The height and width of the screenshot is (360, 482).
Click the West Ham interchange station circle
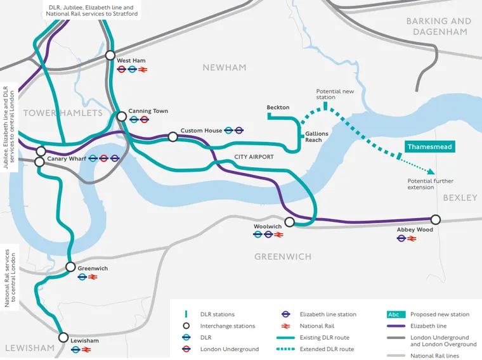coord(110,55)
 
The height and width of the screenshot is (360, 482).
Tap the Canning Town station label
coord(148,111)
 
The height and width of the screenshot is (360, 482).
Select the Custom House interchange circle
coord(173,136)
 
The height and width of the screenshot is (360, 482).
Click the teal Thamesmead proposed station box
coord(430,146)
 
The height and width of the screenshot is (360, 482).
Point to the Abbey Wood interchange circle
coord(435,219)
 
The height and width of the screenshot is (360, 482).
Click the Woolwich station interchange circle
coord(290,222)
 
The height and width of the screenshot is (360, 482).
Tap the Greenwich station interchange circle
coord(70,267)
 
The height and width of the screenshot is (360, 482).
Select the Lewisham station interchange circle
coord(63,338)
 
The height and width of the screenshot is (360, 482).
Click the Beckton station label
coord(278,108)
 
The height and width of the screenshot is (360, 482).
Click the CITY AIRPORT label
coord(254,157)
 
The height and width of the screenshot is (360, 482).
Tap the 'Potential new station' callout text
coord(335,94)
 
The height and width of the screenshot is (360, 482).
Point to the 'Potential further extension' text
coord(430,184)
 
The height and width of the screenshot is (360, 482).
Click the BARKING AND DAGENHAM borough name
coord(439,26)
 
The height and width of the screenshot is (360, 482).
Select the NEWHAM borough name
coord(224,67)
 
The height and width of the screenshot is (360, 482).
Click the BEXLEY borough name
coord(460,198)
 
